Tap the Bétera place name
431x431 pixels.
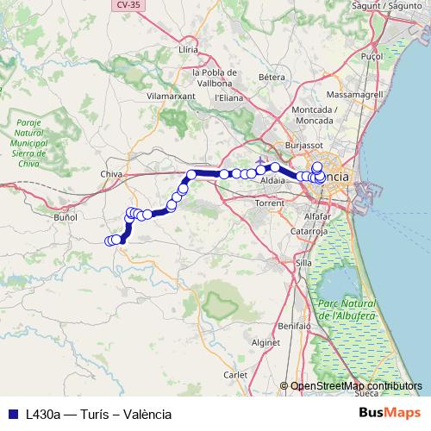272,77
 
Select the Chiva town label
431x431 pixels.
112,174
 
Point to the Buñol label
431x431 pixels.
66,217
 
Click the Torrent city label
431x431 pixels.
270,203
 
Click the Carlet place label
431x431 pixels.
235,375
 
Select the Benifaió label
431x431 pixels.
294,328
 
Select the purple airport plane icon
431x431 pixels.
260,160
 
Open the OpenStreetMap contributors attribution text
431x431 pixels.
357,386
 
